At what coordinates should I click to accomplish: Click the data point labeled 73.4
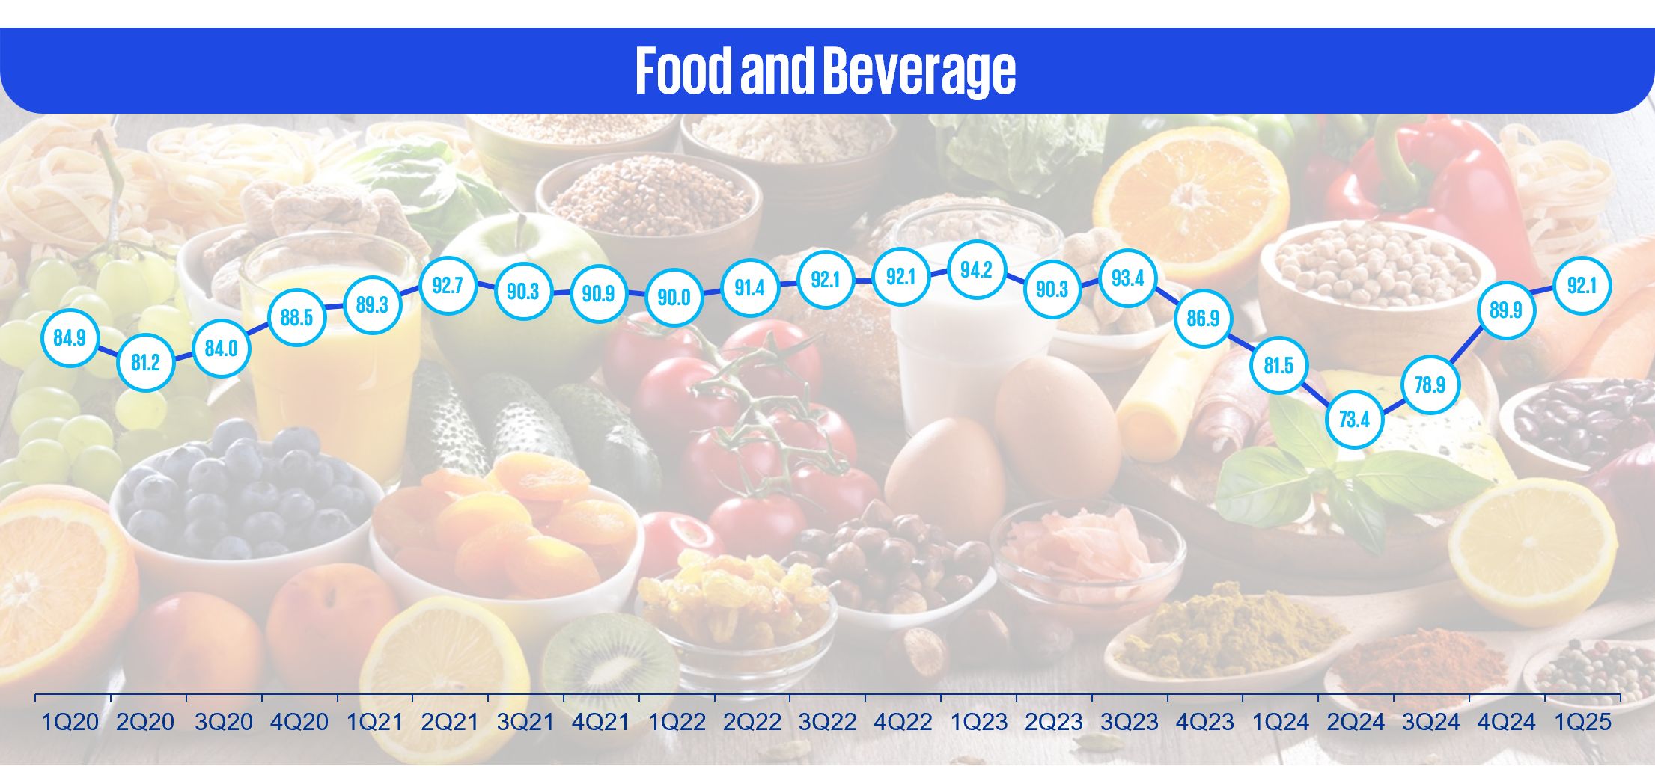point(1354,419)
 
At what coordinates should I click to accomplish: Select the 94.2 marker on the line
point(976,270)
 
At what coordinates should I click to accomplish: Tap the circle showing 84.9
point(70,337)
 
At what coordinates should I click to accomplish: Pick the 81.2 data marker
point(145,363)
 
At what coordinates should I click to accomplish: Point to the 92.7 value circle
point(448,285)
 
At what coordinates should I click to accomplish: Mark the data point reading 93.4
point(1127,278)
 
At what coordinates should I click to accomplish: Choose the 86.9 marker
point(1203,318)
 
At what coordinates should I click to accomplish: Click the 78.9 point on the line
point(1430,384)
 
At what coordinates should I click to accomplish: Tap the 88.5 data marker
point(296,317)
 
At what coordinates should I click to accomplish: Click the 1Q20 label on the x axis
point(70,722)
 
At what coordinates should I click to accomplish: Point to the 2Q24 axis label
point(1356,722)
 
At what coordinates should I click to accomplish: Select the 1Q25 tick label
point(1582,722)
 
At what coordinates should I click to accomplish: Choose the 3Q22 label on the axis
point(827,722)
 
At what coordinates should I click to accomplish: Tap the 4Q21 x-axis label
point(600,722)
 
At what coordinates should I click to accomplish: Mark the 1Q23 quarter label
point(978,722)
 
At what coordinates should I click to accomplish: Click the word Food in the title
point(683,70)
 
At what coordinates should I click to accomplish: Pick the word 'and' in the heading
point(776,70)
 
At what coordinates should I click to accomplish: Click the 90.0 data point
point(674,297)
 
